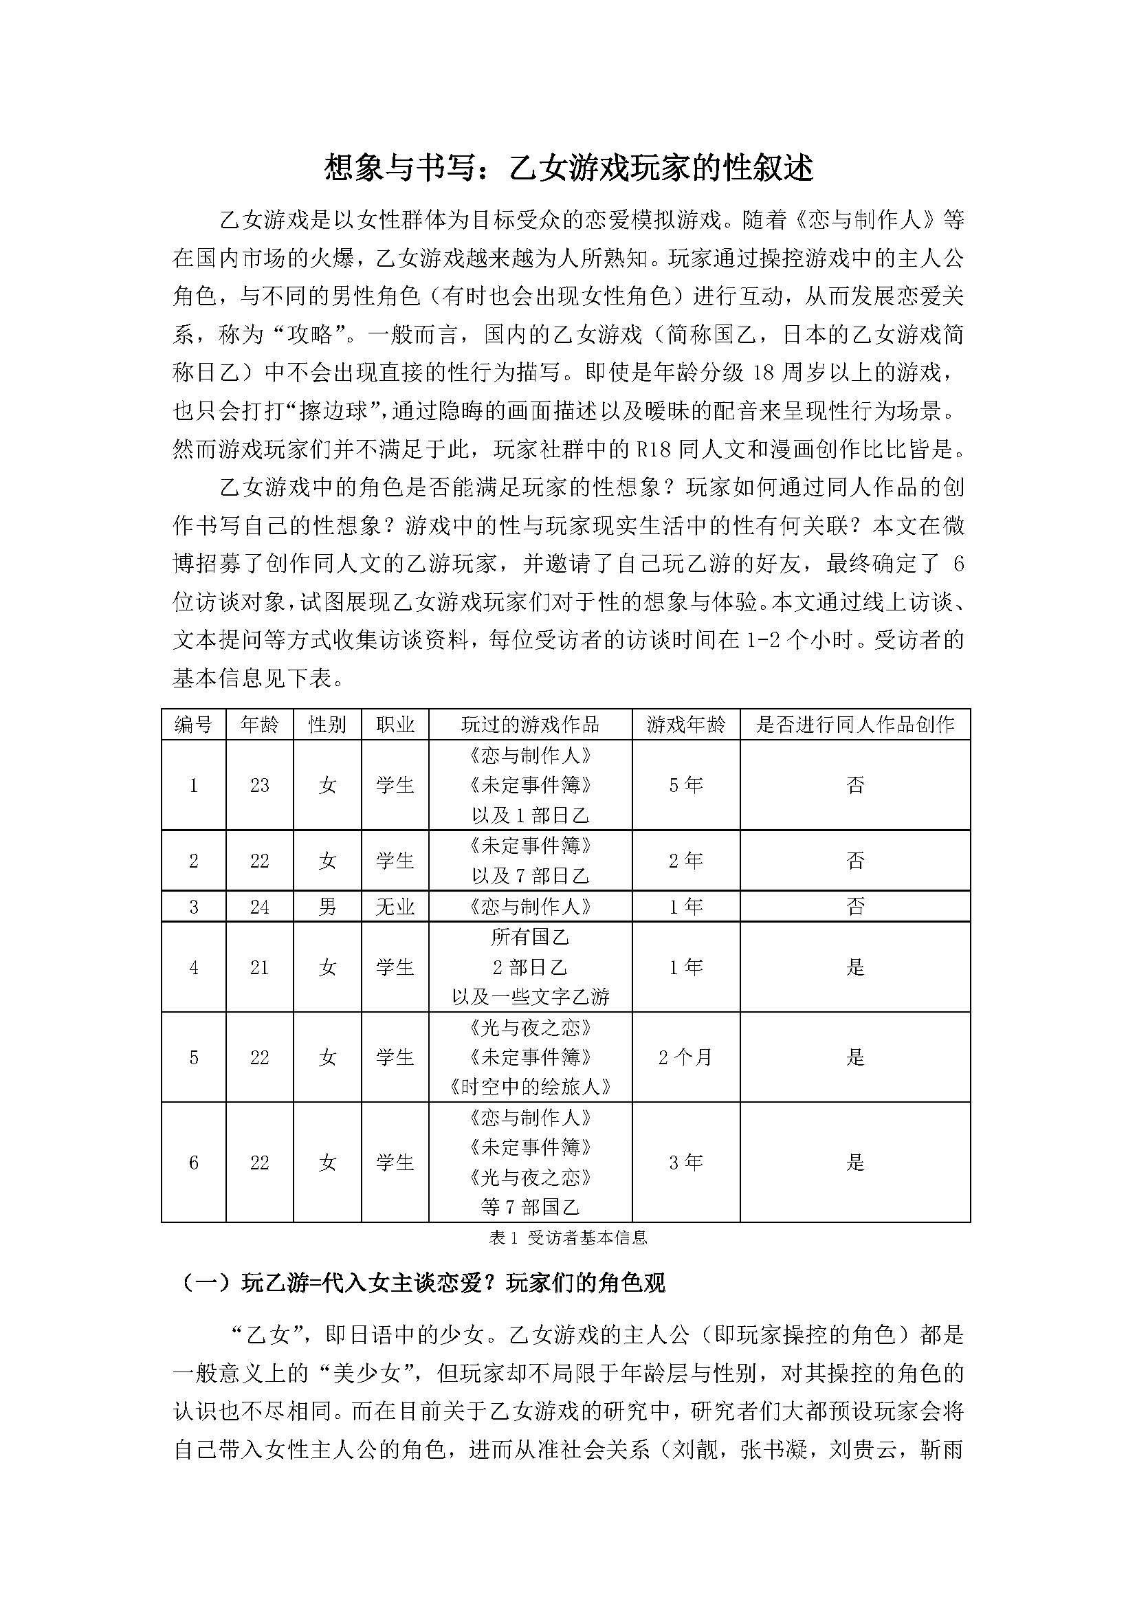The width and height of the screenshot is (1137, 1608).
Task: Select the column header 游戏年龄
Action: click(685, 724)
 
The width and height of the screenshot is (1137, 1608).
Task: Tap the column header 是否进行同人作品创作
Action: click(855, 724)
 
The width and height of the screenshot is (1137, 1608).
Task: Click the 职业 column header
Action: click(395, 724)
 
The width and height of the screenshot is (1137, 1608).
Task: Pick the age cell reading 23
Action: click(259, 785)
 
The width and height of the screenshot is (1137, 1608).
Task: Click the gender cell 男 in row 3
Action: click(327, 907)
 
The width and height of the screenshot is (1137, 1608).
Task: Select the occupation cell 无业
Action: click(395, 907)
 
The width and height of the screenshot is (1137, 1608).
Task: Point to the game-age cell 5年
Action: click(685, 785)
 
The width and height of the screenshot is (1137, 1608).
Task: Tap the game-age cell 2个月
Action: click(685, 1057)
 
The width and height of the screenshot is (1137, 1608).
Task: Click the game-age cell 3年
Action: click(685, 1163)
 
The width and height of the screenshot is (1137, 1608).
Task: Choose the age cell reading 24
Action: click(259, 907)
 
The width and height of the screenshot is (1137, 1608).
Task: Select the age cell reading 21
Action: click(259, 967)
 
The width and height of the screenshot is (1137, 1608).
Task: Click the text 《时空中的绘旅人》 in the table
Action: click(530, 1087)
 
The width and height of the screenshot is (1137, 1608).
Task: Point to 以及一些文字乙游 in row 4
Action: click(530, 997)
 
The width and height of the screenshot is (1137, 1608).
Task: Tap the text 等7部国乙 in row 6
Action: click(530, 1207)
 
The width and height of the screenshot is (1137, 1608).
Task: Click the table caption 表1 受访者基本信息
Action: click(568, 1238)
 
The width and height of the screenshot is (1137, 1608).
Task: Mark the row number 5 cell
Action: click(194, 1057)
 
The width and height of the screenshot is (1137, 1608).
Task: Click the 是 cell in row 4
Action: click(855, 967)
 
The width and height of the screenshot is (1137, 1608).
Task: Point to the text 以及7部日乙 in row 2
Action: click(530, 875)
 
